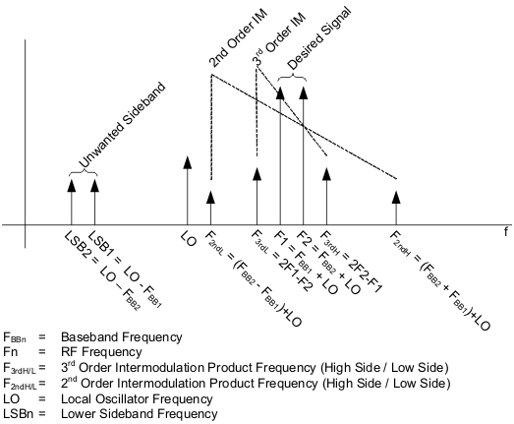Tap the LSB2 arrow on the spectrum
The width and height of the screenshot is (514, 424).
[71, 201]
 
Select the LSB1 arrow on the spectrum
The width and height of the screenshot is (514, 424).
[94, 201]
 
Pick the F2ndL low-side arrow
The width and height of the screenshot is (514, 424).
[210, 207]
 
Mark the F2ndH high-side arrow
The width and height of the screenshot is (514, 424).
[396, 207]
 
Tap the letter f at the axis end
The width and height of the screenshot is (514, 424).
[506, 232]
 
